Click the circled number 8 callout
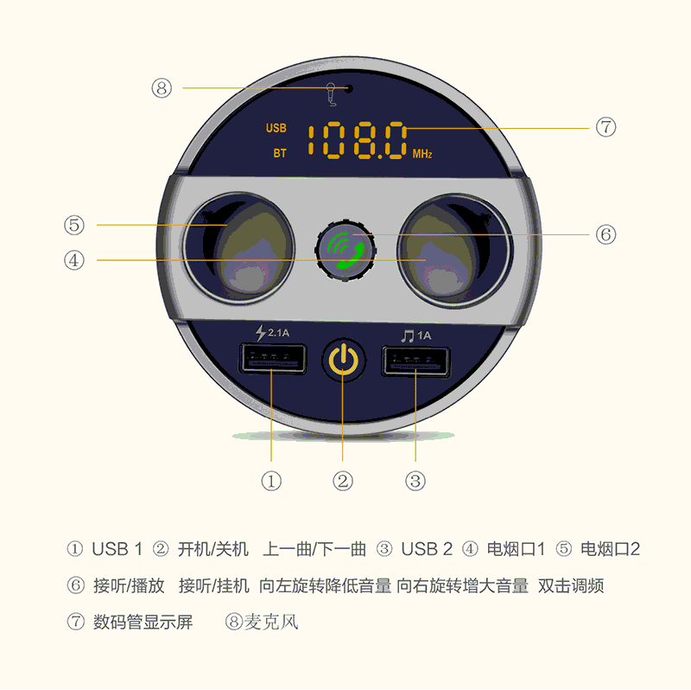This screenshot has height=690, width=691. pyautogui.click(x=162, y=88)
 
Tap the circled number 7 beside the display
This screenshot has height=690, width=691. pyautogui.click(x=605, y=127)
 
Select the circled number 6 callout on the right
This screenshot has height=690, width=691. pyautogui.click(x=605, y=234)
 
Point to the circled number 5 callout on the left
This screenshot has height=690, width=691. pyautogui.click(x=74, y=225)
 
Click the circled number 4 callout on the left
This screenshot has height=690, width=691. pyautogui.click(x=74, y=260)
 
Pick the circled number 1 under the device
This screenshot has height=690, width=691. pyautogui.click(x=271, y=481)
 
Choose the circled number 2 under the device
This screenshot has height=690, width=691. pyautogui.click(x=343, y=481)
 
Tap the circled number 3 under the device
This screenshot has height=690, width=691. pyautogui.click(x=415, y=481)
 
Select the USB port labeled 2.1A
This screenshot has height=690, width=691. pyautogui.click(x=272, y=357)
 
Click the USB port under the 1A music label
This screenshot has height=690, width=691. pyautogui.click(x=416, y=360)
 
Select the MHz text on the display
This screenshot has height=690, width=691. pyautogui.click(x=422, y=154)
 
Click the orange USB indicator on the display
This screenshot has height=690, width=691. pyautogui.click(x=276, y=128)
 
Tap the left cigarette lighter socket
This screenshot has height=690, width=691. pyautogui.click(x=238, y=249)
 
